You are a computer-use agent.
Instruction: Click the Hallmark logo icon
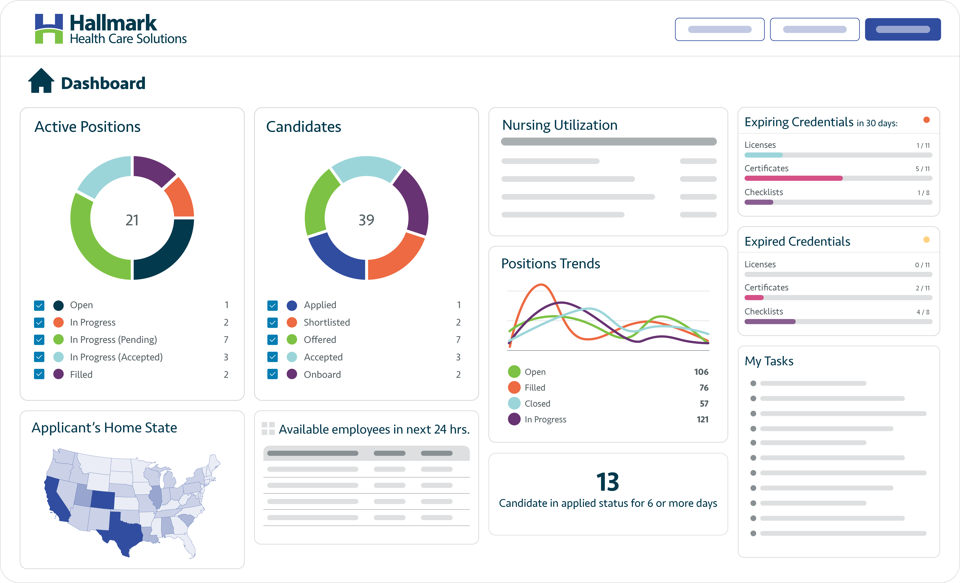[x=49, y=29]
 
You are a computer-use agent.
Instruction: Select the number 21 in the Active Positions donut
[x=132, y=220]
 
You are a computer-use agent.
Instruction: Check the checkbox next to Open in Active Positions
[x=39, y=305]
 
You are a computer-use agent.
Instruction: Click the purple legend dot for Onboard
[x=292, y=374]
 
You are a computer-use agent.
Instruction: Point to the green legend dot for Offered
[x=292, y=340]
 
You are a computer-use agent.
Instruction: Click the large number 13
[x=607, y=482]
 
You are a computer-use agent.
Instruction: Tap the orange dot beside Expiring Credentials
[x=926, y=120]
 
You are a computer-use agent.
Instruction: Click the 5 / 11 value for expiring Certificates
[x=922, y=169]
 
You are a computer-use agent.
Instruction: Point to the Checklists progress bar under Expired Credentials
[x=838, y=322]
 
